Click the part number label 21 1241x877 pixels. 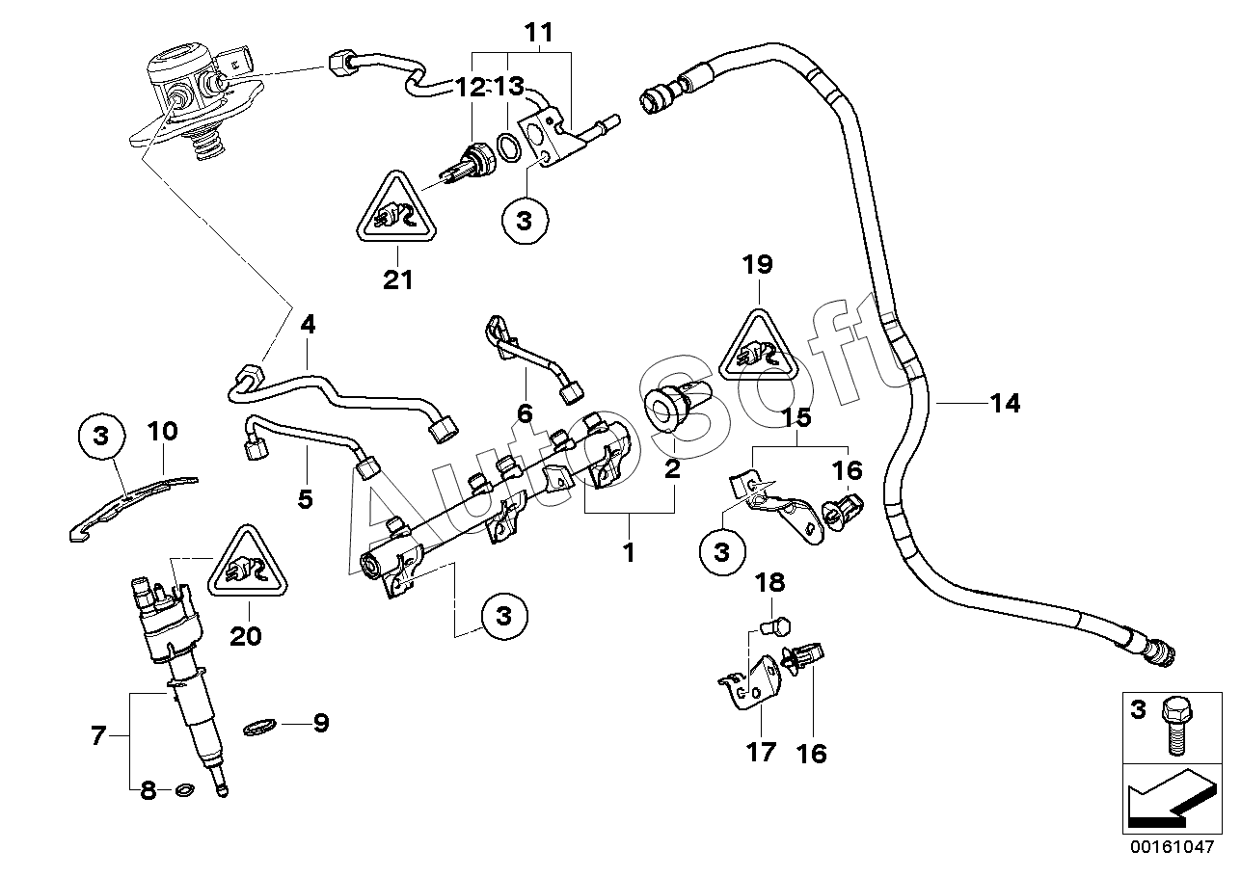[x=398, y=279]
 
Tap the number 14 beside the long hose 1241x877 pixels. [x=1005, y=403]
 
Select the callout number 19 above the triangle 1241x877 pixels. [x=757, y=265]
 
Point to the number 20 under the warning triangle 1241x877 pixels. [x=246, y=636]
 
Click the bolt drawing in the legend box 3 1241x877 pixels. [x=1176, y=726]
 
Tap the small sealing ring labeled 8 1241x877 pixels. [x=184, y=790]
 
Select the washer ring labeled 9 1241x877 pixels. [x=260, y=727]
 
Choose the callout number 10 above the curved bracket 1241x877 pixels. [x=162, y=432]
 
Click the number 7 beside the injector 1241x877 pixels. [x=98, y=736]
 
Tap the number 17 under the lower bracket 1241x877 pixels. [x=761, y=752]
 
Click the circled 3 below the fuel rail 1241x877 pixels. [x=504, y=617]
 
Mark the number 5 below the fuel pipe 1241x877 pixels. [x=306, y=499]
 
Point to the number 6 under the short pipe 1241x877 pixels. [x=525, y=413]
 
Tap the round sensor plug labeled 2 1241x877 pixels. [x=672, y=411]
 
